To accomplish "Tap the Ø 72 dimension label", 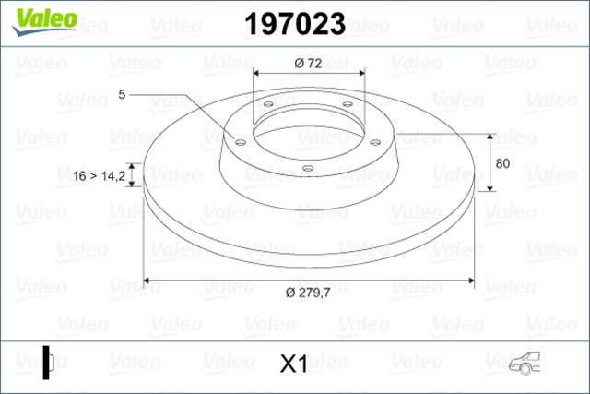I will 308,63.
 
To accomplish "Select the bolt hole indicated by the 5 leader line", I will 241,142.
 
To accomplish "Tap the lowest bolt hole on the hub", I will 307,168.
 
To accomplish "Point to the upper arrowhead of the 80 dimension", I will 490,133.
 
